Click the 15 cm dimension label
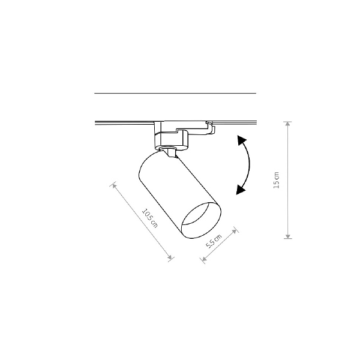pos(277,180)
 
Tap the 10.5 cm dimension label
pos(150,218)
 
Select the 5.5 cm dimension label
pos(214,241)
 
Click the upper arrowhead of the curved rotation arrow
pos(242,140)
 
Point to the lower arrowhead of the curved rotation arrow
pos(241,190)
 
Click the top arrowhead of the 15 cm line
pos(287,124)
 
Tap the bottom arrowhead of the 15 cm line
pos(287,236)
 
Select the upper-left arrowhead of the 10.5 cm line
pos(114,186)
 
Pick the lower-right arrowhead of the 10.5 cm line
pos(170,257)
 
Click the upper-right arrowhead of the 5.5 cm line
pos(234,231)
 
